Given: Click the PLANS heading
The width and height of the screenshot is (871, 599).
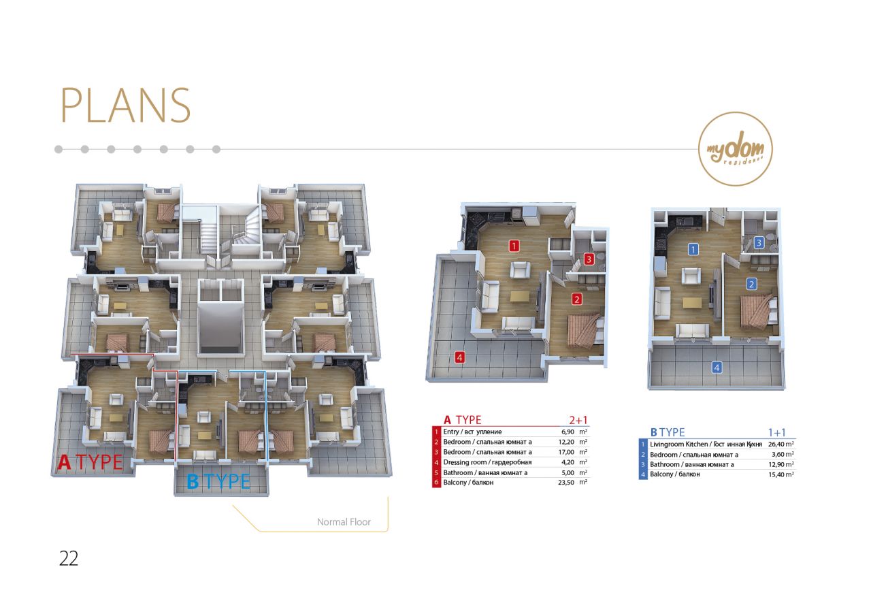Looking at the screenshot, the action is click(x=126, y=105).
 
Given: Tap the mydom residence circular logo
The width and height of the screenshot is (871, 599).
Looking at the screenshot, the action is click(x=736, y=149).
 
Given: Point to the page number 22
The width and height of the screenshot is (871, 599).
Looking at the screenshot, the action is click(x=69, y=558).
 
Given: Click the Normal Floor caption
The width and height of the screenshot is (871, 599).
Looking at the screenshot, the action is click(x=344, y=521).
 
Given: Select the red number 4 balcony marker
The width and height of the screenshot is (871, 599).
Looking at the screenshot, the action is click(x=459, y=357).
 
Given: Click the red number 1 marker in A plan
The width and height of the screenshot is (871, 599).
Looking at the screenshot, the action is click(x=514, y=246).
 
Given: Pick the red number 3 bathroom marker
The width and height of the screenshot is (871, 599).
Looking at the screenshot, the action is click(x=589, y=259).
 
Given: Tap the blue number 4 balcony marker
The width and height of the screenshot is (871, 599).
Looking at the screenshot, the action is click(x=717, y=367).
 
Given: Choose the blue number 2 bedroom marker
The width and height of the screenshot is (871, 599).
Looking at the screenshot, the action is click(x=751, y=285).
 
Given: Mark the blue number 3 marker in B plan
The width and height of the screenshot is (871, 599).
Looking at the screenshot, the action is click(x=758, y=243).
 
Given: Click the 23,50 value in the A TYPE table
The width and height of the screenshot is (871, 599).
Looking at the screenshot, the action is click(x=565, y=483).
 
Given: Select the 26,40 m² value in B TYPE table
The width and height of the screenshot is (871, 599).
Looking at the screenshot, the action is click(x=781, y=444).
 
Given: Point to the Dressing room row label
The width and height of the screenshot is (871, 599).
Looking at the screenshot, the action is click(x=487, y=462).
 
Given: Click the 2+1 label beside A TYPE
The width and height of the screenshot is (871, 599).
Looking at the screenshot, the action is click(x=578, y=420).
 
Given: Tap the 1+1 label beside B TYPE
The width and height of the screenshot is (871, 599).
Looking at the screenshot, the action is click(x=777, y=432).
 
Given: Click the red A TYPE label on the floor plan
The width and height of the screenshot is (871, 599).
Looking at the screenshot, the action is click(x=91, y=462).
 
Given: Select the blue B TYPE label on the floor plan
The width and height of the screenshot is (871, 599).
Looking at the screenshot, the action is click(x=218, y=481).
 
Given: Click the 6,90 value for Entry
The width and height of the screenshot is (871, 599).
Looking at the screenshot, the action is click(x=568, y=432).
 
